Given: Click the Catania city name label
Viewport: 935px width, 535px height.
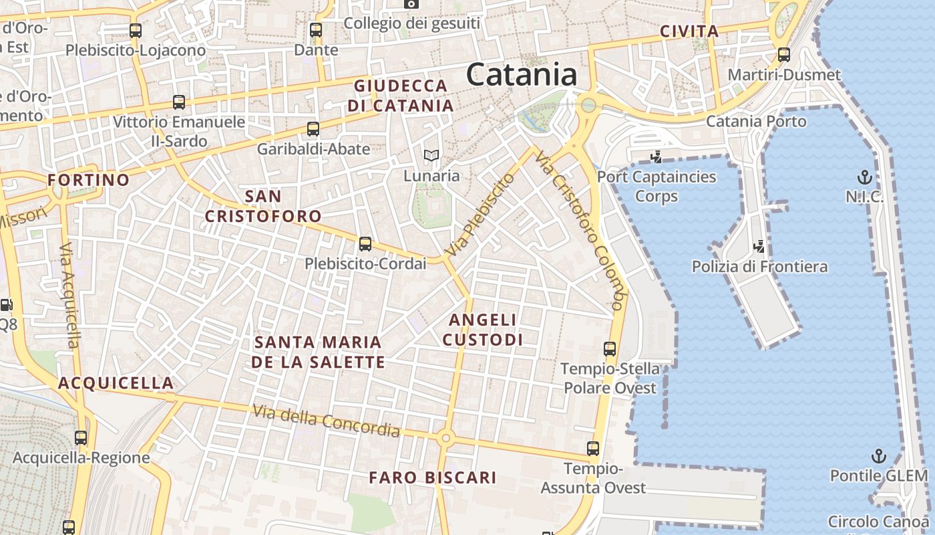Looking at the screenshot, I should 522,74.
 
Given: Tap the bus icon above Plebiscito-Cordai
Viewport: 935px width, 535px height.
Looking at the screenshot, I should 365,243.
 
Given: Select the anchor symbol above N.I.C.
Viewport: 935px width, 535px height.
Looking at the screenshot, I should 865,177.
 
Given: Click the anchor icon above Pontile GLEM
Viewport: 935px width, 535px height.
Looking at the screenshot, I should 879,456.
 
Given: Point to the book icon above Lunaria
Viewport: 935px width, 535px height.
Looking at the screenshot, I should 431,156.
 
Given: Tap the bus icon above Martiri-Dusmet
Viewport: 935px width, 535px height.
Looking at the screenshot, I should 784,55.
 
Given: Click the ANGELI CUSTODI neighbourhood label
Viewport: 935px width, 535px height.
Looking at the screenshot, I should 483,330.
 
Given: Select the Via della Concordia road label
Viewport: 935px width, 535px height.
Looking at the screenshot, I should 327,421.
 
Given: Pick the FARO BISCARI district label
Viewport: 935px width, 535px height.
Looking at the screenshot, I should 433,477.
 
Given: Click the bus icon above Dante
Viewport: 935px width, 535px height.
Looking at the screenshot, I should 316,30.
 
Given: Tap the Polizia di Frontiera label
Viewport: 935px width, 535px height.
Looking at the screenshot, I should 759,267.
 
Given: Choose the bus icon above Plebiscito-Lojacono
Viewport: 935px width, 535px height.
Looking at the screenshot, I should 136,30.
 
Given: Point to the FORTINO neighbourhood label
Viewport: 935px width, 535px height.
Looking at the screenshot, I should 89,180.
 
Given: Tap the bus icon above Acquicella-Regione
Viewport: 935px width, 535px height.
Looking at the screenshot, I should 81,438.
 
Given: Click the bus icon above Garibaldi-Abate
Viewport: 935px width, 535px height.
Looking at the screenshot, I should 313,129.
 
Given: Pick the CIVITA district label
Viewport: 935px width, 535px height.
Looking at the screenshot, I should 689,31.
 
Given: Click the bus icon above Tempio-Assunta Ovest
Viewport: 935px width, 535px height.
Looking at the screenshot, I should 593,449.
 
